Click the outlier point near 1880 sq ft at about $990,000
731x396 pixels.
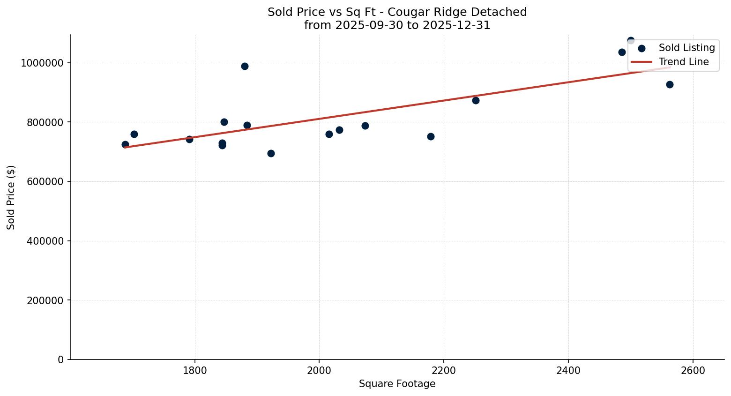[x=245, y=66]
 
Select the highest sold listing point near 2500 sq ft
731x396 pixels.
[x=631, y=41]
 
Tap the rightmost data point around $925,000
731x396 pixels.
[x=670, y=84]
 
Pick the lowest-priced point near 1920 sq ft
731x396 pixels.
[x=271, y=153]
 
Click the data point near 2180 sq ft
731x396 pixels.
[x=431, y=136]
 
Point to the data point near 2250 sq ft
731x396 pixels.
[x=476, y=100]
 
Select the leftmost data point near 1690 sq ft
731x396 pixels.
[x=125, y=144]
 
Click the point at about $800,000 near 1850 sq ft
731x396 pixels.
[x=224, y=122]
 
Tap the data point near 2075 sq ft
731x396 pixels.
[x=365, y=126]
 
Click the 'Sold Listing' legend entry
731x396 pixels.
[x=686, y=48]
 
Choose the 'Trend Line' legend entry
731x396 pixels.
[x=683, y=62]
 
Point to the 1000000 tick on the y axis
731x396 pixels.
[x=42, y=63]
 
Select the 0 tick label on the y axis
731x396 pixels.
[x=60, y=359]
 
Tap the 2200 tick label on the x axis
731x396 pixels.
[x=444, y=370]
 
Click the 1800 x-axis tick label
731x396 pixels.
[x=195, y=370]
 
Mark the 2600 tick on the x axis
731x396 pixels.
[x=693, y=370]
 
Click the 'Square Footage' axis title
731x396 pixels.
[x=397, y=384]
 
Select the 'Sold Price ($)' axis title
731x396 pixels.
[x=11, y=197]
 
